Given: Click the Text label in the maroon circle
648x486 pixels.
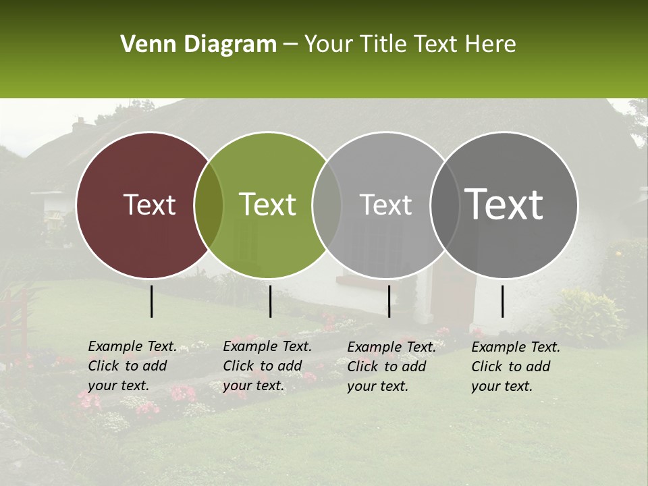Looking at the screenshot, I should click(149, 205).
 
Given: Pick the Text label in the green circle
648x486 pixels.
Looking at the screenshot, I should click(268, 205).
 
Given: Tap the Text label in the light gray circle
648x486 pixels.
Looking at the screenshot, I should click(385, 205).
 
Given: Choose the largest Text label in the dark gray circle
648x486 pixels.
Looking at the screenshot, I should click(504, 205).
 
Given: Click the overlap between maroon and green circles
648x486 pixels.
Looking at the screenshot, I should click(209, 205).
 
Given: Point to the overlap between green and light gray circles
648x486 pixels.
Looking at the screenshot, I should click(327, 205).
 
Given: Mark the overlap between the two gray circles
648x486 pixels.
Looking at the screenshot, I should click(445, 205).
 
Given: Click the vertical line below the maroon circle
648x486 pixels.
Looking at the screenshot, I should click(151, 301).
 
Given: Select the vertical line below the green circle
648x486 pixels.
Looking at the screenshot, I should click(270, 301).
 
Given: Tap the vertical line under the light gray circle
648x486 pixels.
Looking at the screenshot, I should click(389, 301).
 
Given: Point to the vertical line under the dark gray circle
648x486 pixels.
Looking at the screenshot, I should click(502, 301).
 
